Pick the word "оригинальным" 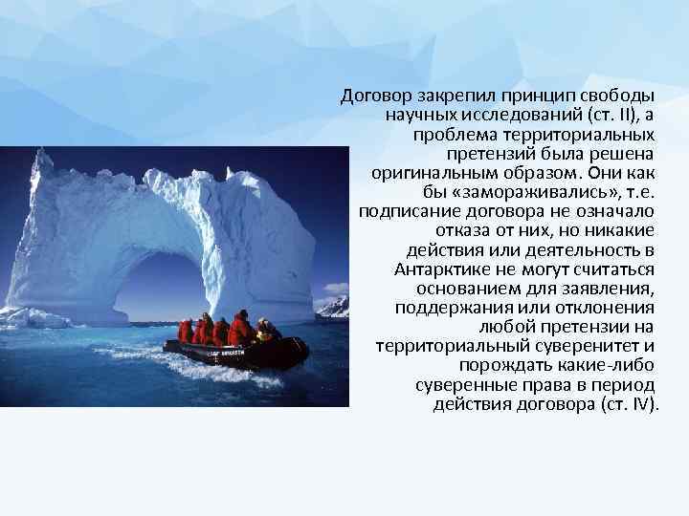[426, 173]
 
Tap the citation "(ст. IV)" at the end [629, 404]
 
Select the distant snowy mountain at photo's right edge [334, 307]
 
